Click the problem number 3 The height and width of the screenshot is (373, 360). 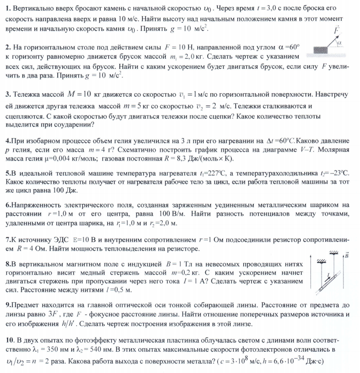(7, 94)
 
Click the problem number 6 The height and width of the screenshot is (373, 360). (7, 205)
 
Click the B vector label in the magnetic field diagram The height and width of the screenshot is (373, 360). (346, 256)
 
